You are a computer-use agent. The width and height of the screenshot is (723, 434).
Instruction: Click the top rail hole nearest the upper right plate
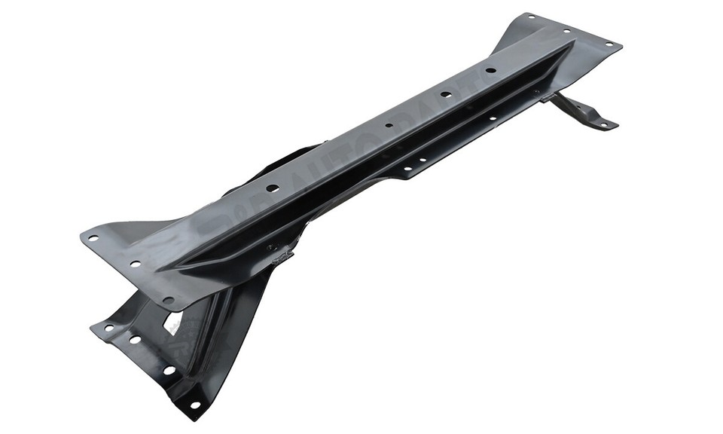click(490, 71)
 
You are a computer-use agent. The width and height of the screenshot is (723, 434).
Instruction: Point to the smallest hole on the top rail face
click(389, 126)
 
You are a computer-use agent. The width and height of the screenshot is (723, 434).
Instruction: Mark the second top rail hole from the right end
click(446, 95)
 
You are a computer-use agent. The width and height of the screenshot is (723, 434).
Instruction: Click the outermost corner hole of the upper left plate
click(93, 238)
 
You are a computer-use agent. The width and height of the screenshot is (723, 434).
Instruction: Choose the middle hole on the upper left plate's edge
click(135, 264)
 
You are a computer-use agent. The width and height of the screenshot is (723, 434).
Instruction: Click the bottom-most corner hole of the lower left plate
click(195, 405)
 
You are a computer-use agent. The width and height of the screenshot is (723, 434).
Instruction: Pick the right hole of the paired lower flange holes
click(425, 160)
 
